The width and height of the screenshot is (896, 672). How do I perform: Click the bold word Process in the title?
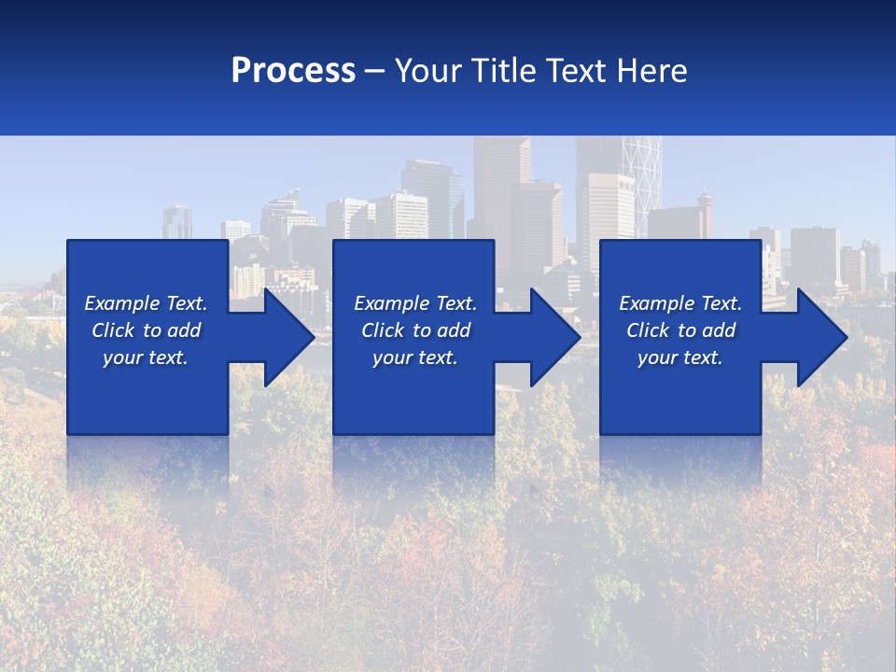[x=293, y=70]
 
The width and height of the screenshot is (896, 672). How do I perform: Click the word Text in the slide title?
[x=577, y=70]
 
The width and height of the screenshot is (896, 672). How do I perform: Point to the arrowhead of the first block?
[x=289, y=337]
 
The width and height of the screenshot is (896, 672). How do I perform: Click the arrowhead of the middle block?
[x=555, y=337]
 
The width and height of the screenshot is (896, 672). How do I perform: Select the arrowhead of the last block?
[x=822, y=337]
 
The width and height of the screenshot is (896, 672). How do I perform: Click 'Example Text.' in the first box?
[x=146, y=303]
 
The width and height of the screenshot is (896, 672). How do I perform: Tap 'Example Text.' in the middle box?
[x=415, y=303]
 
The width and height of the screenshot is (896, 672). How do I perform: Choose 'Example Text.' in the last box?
[x=680, y=303]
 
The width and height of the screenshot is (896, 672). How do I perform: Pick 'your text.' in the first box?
[x=146, y=357]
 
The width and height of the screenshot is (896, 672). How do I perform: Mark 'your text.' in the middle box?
[x=415, y=357]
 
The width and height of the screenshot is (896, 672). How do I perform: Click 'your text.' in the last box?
[x=680, y=357]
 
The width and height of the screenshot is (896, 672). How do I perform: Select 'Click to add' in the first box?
[x=146, y=330]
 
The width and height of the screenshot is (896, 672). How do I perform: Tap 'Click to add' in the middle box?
[x=415, y=330]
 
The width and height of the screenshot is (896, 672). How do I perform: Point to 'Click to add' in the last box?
[x=680, y=330]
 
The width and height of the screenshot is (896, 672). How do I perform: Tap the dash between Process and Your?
[x=375, y=71]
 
